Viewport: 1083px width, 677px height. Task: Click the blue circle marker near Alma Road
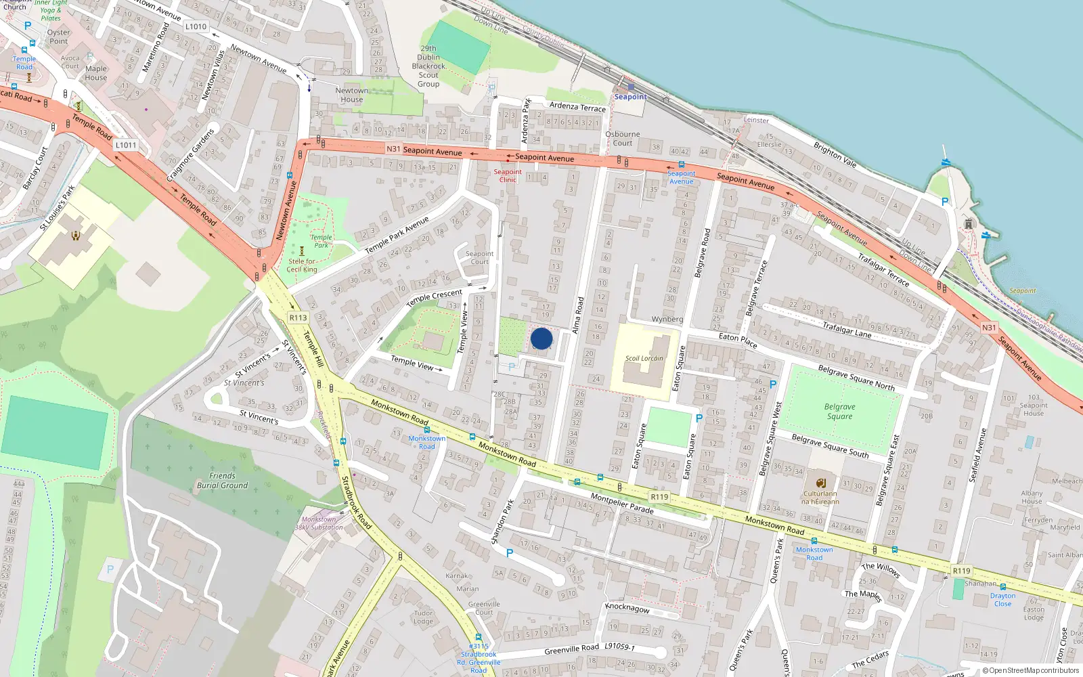click(x=541, y=338)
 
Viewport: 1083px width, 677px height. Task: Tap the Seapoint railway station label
click(x=630, y=97)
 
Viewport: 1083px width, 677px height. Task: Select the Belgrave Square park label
click(x=839, y=412)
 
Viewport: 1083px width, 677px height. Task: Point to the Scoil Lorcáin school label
click(x=644, y=358)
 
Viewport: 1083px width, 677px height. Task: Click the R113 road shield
click(x=298, y=318)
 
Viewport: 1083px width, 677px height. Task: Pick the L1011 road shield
click(x=126, y=145)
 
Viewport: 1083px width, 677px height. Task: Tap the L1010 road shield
click(x=196, y=27)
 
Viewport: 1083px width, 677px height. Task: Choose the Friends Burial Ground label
click(x=222, y=481)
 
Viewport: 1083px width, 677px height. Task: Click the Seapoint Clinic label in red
click(x=508, y=175)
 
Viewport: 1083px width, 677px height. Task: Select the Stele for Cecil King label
click(x=302, y=265)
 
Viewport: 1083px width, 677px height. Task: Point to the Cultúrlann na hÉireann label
click(x=820, y=498)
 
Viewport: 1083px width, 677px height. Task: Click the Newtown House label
click(x=352, y=95)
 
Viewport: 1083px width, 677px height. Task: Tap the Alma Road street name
click(x=578, y=315)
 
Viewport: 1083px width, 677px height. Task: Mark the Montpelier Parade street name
click(x=622, y=503)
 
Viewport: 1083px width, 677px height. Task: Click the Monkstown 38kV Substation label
click(x=319, y=523)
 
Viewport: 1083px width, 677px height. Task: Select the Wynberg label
click(x=667, y=320)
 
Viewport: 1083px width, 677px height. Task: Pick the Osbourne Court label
click(x=622, y=139)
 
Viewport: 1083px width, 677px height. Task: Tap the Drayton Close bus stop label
click(x=1002, y=600)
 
